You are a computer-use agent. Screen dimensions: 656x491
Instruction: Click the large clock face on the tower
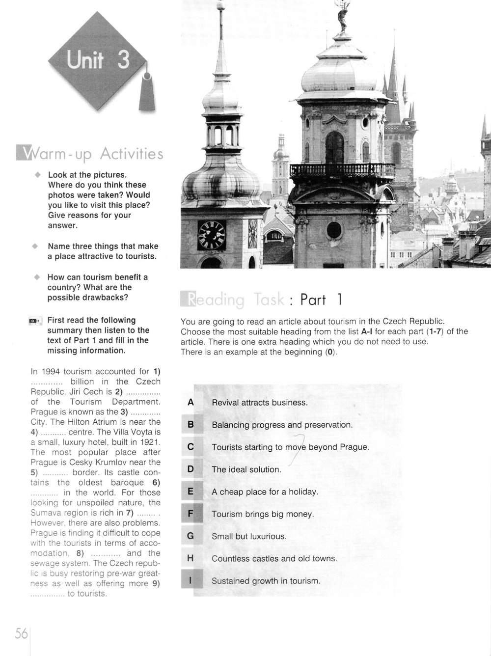click(x=211, y=235)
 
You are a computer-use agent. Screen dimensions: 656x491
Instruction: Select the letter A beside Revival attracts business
click(x=191, y=402)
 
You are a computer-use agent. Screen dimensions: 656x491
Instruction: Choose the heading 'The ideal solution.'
click(x=246, y=469)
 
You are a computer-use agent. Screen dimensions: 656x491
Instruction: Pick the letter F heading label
click(x=191, y=514)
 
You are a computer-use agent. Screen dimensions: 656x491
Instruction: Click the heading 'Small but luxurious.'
click(x=248, y=536)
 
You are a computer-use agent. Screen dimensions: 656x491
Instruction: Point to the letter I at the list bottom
click(x=191, y=581)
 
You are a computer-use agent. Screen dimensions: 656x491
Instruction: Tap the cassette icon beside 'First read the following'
click(x=35, y=321)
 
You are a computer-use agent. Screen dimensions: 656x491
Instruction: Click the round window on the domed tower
click(x=334, y=230)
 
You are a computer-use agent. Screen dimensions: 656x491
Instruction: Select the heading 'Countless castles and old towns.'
click(x=274, y=558)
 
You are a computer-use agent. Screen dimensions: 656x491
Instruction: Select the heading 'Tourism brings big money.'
click(x=262, y=514)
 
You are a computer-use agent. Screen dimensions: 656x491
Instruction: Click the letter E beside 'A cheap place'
click(x=191, y=492)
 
